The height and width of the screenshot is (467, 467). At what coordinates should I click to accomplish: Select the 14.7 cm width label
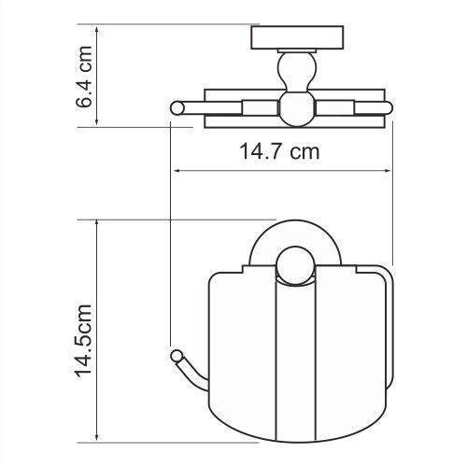[x=271, y=151]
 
